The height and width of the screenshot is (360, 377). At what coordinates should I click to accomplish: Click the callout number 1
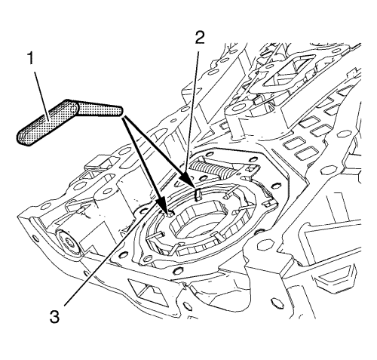30,59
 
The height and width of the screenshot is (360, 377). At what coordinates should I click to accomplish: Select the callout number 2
199,38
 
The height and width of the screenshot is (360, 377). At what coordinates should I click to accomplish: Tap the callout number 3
54,316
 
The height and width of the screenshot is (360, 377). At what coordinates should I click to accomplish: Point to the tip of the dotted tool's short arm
121,111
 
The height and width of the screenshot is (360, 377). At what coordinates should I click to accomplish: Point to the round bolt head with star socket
68,242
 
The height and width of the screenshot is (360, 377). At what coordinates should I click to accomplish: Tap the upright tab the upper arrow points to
198,193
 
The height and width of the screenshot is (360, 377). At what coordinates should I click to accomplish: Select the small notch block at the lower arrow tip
170,214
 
